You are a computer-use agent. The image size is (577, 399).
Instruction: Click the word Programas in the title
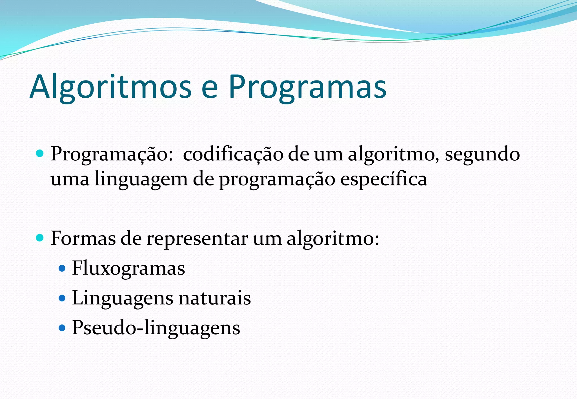point(307,87)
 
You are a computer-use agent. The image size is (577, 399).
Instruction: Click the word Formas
point(83,239)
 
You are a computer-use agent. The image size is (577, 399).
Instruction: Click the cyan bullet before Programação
point(40,154)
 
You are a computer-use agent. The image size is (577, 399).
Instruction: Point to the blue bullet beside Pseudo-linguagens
point(62,328)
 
